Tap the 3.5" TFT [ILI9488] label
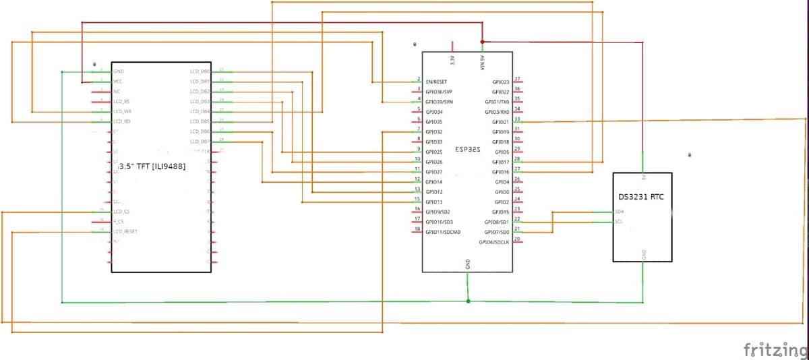[x=152, y=166]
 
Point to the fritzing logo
[x=775, y=349]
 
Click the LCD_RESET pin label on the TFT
[x=125, y=231]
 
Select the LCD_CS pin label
[x=121, y=212]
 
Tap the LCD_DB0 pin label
[x=200, y=71]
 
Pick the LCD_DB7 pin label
[x=200, y=142]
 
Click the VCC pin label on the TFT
[x=118, y=81]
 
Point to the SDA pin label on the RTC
[x=619, y=212]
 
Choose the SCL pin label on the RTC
[x=619, y=221]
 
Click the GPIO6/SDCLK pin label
[x=493, y=242]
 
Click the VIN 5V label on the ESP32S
[x=482, y=62]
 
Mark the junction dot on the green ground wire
[x=468, y=301]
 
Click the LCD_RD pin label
[x=122, y=121]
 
